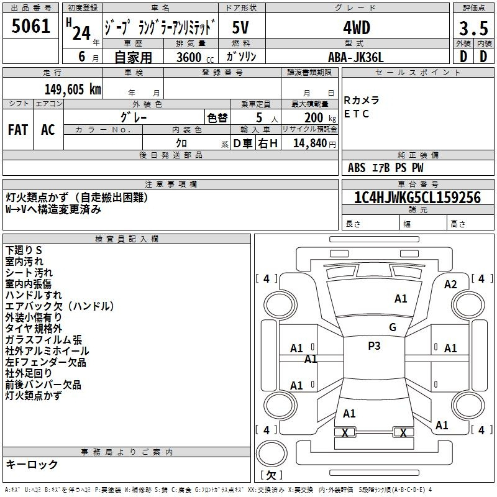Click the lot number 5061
pyautogui.click(x=30, y=26)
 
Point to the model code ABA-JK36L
pyautogui.click(x=356, y=57)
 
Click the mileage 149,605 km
pyautogui.click(x=72, y=89)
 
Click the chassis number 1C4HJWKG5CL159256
pyautogui.click(x=417, y=198)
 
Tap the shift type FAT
pyautogui.click(x=18, y=129)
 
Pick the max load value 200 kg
pyautogui.click(x=318, y=117)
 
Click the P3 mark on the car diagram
pyautogui.click(x=374, y=346)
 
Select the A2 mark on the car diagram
pyautogui.click(x=450, y=284)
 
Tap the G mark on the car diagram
pyautogui.click(x=393, y=327)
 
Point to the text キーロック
pyautogui.click(x=32, y=465)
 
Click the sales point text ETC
pyautogui.click(x=357, y=114)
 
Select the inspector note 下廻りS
pyautogui.click(x=24, y=250)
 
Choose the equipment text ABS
pyautogui.click(x=357, y=167)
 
